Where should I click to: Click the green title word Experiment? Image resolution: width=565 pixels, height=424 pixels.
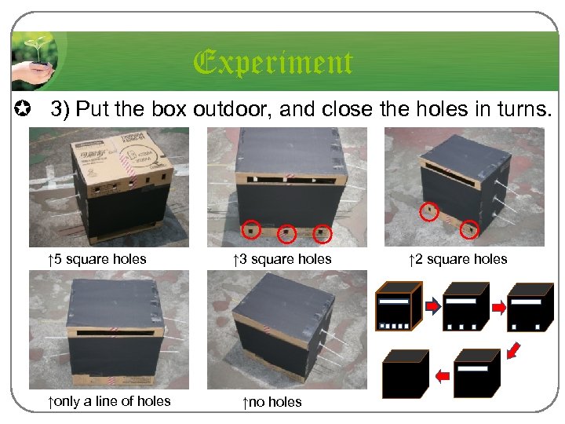pos(273,63)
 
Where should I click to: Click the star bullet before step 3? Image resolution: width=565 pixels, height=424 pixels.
pos(22,108)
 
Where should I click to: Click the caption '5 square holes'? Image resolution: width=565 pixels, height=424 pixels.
pos(97,259)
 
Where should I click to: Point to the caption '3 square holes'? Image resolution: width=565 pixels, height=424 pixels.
pos(282,259)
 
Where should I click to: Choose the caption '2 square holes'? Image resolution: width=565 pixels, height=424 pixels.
pos(458,259)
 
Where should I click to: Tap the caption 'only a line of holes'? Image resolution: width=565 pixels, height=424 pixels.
pos(109,401)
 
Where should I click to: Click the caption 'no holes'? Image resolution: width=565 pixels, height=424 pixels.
pos(272,402)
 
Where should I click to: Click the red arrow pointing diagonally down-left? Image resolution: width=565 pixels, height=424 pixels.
pos(513,351)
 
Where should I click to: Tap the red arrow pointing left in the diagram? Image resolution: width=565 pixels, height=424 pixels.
pos(443,376)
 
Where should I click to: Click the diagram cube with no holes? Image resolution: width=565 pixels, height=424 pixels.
pos(406,374)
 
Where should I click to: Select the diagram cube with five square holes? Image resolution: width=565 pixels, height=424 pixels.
pos(399,306)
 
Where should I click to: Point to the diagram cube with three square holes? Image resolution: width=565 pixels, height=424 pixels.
pos(466,307)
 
